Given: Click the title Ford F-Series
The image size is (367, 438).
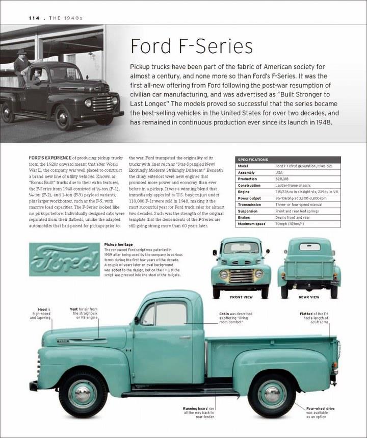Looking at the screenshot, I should tap(192, 46).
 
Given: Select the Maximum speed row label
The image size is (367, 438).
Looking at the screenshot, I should tap(252, 224).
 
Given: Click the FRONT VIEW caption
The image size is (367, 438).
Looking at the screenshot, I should tap(241, 297).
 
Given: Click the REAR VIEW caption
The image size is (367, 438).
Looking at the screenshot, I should tap(309, 297).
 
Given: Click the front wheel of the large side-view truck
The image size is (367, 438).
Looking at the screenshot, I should tap(83, 393).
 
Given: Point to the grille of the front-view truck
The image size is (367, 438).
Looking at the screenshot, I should tap(241, 276).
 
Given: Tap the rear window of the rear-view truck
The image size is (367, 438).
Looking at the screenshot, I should tap(309, 247).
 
